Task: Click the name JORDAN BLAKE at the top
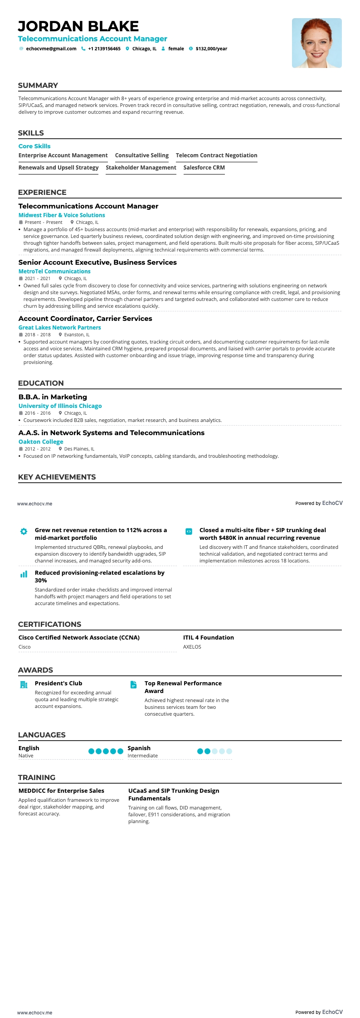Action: click(78, 26)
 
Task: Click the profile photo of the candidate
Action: click(316, 43)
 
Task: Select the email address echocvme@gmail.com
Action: click(51, 49)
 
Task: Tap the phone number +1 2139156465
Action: click(104, 49)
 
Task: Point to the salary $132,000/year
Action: click(211, 49)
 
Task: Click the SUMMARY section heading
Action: click(38, 86)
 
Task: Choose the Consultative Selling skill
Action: click(142, 155)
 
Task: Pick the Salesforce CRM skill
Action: click(204, 168)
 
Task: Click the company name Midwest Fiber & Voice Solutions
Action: click(62, 215)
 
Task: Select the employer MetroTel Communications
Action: click(54, 271)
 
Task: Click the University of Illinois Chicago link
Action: click(60, 406)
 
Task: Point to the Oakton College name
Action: click(41, 442)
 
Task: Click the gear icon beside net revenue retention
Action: click(24, 531)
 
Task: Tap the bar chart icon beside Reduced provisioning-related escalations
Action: click(24, 574)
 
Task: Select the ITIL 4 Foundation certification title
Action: click(209, 638)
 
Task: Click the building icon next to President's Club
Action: click(24, 684)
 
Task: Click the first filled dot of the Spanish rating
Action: click(200, 751)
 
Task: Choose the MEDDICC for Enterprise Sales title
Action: click(61, 791)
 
